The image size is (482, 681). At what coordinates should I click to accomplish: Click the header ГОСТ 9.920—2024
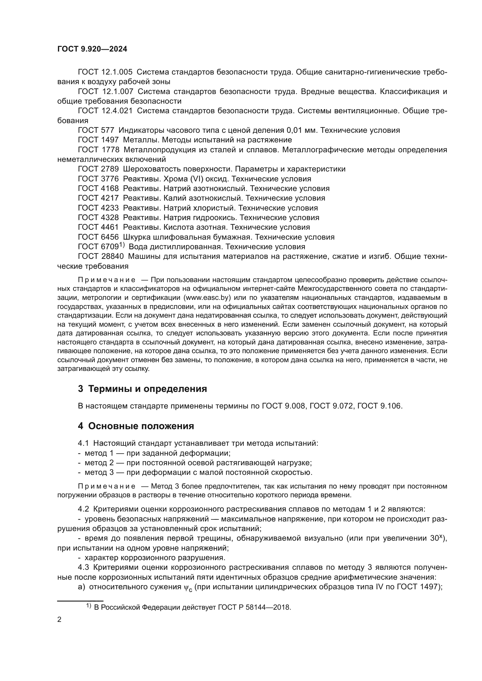click(x=92, y=49)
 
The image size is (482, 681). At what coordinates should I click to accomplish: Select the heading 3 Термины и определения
click(x=143, y=389)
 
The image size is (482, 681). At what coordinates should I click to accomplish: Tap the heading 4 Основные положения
click(x=136, y=426)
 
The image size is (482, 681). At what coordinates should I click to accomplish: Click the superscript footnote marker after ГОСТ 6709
click(x=122, y=245)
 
